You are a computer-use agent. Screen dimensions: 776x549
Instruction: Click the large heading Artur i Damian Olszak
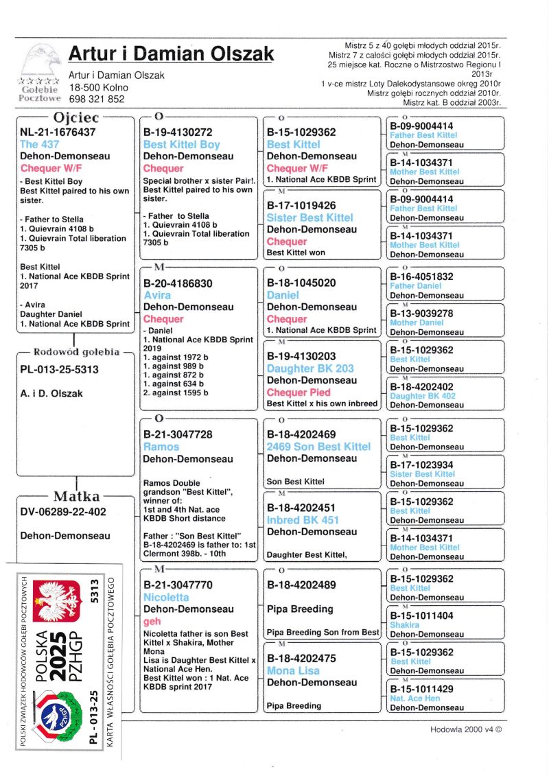171,54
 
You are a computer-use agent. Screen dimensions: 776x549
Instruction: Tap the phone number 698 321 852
97,99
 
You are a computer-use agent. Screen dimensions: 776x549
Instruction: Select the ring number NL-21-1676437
58,132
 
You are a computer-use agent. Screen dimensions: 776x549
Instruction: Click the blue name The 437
40,144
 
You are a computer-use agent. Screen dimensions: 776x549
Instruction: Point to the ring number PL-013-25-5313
60,370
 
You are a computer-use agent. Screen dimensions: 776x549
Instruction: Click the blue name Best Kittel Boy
181,145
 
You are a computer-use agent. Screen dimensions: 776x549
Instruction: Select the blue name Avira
157,295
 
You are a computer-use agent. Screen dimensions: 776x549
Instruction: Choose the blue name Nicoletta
166,598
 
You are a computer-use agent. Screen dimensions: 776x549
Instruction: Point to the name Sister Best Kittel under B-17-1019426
310,217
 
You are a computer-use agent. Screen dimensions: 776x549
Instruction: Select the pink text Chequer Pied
299,392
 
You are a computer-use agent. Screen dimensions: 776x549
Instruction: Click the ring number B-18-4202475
301,658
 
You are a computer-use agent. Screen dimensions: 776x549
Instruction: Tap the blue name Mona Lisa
293,670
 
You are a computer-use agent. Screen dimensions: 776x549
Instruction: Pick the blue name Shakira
404,625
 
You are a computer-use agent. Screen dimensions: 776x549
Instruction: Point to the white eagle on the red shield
54,600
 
